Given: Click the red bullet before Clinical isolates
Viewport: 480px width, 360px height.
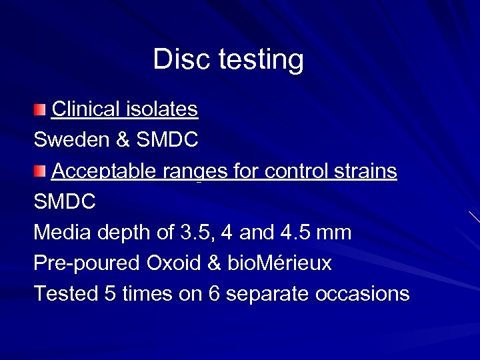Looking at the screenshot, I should pyautogui.click(x=41, y=109).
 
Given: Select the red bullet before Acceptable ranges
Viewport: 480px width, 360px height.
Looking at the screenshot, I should pyautogui.click(x=41, y=171).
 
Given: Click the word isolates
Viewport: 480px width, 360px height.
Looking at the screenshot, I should pyautogui.click(x=166, y=109).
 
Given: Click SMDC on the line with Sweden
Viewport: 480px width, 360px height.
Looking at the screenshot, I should pyautogui.click(x=167, y=140).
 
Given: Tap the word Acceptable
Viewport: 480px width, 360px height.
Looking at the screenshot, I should pyautogui.click(x=103, y=171).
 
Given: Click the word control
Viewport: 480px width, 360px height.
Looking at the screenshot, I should pyautogui.click(x=289, y=171).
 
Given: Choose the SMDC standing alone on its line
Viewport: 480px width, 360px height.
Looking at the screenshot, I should pyautogui.click(x=65, y=202).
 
